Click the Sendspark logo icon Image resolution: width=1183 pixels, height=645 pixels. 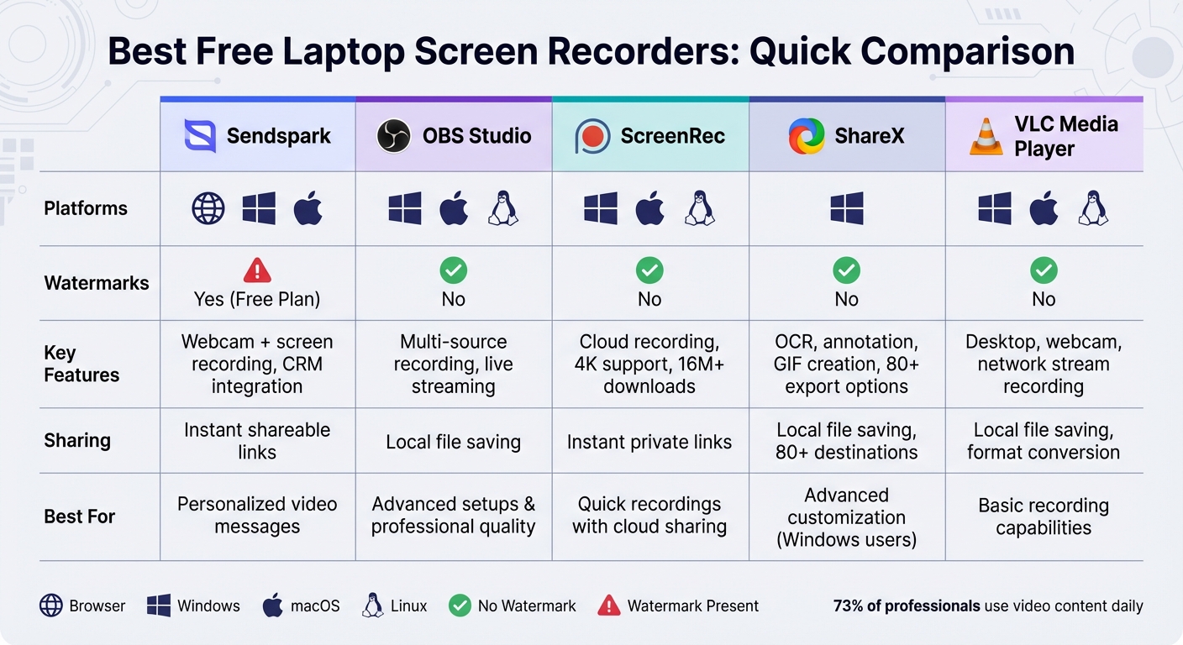[x=200, y=136]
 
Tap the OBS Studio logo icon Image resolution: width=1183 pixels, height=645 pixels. [x=393, y=136]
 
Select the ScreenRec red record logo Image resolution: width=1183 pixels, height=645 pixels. [x=592, y=136]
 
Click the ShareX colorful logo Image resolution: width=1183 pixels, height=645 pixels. [x=807, y=136]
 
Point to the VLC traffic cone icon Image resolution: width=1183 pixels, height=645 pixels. [x=986, y=137]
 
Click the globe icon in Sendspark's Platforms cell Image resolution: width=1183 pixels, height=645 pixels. [x=208, y=208]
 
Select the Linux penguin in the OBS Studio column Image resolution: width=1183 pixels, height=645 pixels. [x=503, y=208]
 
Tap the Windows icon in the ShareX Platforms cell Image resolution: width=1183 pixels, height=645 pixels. [x=847, y=208]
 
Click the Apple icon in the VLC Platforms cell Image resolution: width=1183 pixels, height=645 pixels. [x=1044, y=208]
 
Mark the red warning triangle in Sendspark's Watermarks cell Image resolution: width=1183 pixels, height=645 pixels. [x=257, y=270]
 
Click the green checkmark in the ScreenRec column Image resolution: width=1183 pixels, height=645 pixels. [x=649, y=270]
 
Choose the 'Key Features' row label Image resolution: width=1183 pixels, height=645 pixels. [x=81, y=364]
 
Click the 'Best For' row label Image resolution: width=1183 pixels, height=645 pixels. [x=80, y=516]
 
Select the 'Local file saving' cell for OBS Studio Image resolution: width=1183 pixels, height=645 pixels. [x=454, y=442]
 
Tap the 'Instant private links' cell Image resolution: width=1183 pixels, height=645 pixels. [x=649, y=442]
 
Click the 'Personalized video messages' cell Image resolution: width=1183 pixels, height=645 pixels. [x=257, y=515]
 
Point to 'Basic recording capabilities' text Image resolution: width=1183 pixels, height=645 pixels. [x=1044, y=517]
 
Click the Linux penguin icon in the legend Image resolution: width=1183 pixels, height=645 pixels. [x=373, y=606]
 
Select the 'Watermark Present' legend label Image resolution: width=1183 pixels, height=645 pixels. [x=692, y=606]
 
